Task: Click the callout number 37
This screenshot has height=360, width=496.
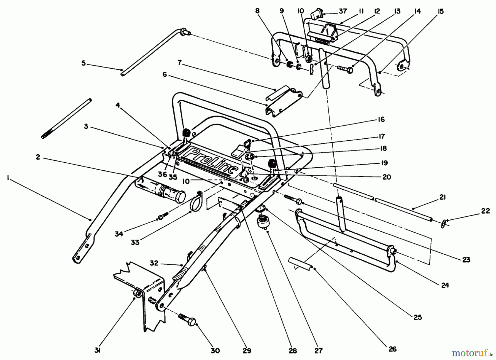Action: pyautogui.click(x=343, y=11)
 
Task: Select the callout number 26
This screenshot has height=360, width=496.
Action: pyautogui.click(x=392, y=349)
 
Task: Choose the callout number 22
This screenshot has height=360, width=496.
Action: pyautogui.click(x=485, y=211)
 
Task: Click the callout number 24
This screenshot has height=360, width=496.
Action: pyautogui.click(x=445, y=285)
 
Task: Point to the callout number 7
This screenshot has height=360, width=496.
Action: pyautogui.click(x=179, y=63)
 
